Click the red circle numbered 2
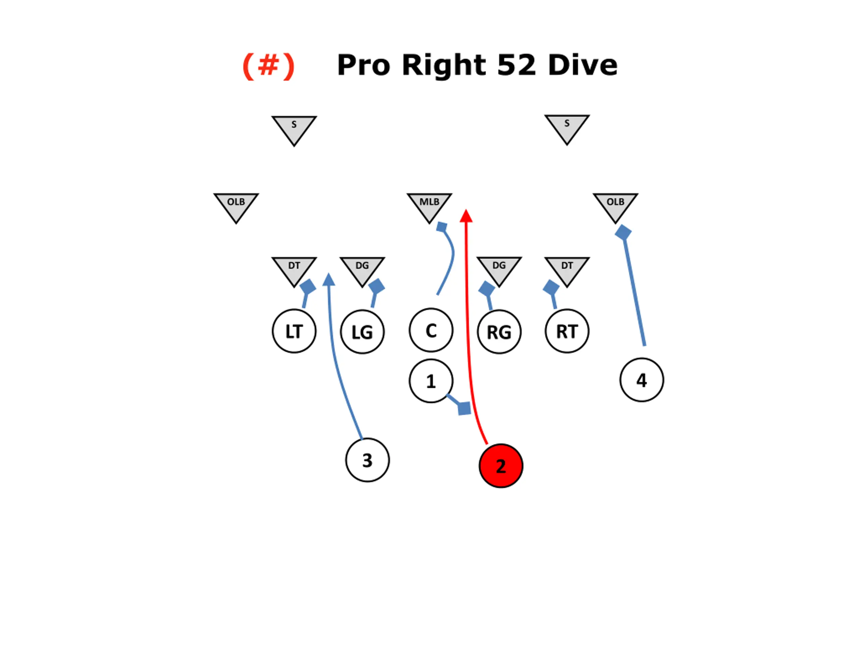(501, 465)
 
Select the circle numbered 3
(367, 460)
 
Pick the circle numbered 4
(642, 380)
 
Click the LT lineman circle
(294, 331)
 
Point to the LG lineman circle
(362, 332)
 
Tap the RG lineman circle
(499, 332)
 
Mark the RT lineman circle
(567, 331)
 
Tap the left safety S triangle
(294, 128)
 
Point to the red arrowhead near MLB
(466, 216)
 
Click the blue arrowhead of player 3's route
(329, 279)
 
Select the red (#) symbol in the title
(268, 65)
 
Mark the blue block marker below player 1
(464, 408)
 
